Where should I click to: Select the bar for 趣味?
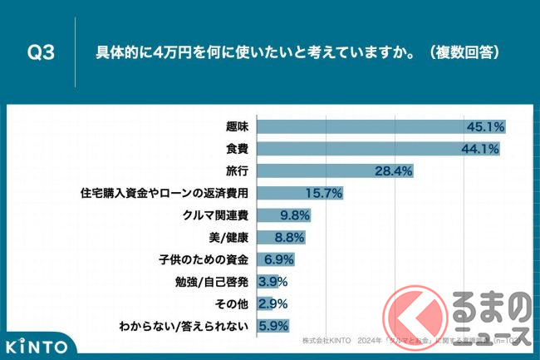pos(382,127)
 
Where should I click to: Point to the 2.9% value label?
pos(275,303)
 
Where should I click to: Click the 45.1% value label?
pos(484,127)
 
